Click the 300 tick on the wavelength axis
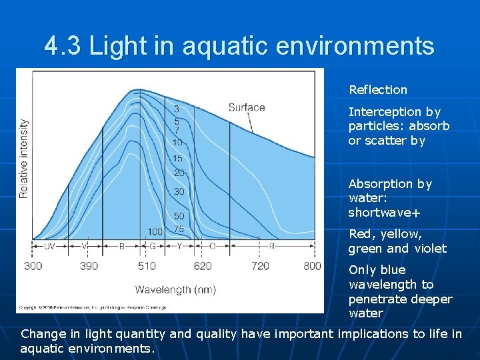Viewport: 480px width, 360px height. coord(33,266)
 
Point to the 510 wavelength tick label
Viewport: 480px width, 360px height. coord(147,266)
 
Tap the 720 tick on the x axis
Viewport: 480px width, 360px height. coord(260,266)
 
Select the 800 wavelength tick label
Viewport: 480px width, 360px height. coord(311,266)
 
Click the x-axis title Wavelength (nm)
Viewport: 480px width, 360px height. coord(175,289)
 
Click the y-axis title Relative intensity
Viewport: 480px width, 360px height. coord(24,158)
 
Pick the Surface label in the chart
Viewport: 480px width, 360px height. coord(246,107)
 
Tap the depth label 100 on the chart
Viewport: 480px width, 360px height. coord(155,231)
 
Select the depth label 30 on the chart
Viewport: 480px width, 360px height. coord(179,192)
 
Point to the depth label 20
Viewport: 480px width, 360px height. coord(179,173)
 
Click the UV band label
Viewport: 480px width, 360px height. coord(49,246)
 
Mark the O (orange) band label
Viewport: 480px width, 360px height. coord(212,246)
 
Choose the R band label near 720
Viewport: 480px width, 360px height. coord(271,246)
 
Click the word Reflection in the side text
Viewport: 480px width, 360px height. coord(377,90)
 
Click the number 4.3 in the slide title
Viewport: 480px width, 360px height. coord(64,47)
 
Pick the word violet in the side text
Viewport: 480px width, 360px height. coord(430,249)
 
